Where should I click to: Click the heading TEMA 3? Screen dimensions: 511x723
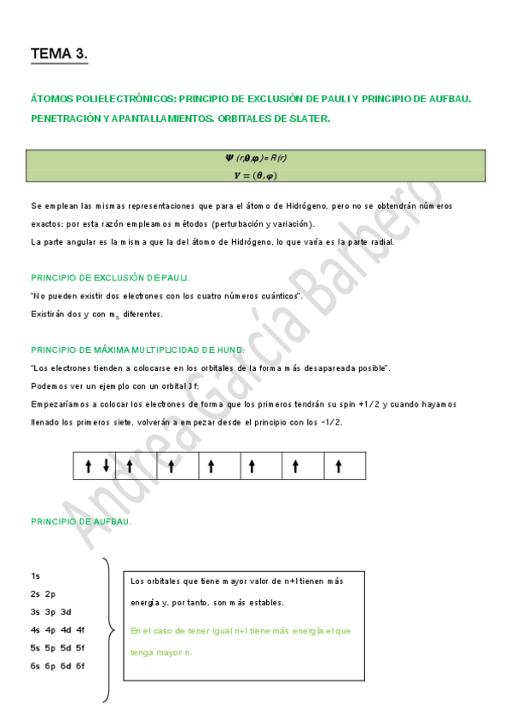tap(59, 54)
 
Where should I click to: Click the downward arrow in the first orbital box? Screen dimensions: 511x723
tap(106, 466)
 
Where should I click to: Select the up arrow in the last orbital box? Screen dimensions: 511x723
tap(339, 466)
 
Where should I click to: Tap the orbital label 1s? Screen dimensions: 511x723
tap(35, 576)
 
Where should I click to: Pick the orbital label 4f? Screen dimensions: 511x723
tap(80, 629)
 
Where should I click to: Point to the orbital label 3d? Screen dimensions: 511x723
tap(66, 611)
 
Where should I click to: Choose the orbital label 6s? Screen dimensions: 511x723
tap(35, 665)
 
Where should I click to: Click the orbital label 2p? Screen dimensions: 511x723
tap(50, 593)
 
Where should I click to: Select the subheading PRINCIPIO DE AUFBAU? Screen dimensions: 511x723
tap(81, 521)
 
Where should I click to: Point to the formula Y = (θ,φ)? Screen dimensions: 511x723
tap(255, 175)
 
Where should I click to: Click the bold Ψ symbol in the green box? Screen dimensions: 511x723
tap(229, 158)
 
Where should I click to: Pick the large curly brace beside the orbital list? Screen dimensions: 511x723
tap(110, 631)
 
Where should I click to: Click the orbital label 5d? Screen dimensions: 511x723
tap(66, 647)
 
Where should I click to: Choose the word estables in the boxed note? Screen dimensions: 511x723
tap(264, 603)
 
